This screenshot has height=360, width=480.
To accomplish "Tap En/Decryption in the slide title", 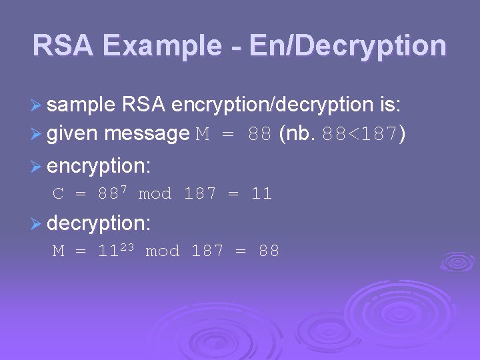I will click(x=347, y=46).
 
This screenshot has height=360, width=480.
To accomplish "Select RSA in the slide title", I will click(x=65, y=46).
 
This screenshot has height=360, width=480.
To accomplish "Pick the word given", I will click(x=72, y=134).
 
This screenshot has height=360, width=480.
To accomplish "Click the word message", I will click(x=147, y=134).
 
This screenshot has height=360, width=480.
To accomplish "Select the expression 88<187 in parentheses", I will click(x=360, y=135).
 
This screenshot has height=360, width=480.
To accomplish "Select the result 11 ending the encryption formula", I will click(x=261, y=194).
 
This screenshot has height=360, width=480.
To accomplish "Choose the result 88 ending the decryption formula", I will click(x=268, y=251).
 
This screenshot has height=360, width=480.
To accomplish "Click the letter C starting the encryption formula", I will click(x=58, y=194).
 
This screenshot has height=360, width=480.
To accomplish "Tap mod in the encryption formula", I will click(x=154, y=194).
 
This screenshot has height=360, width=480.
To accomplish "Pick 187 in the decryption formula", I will click(x=207, y=251).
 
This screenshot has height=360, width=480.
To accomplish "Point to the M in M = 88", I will click(x=203, y=135).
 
